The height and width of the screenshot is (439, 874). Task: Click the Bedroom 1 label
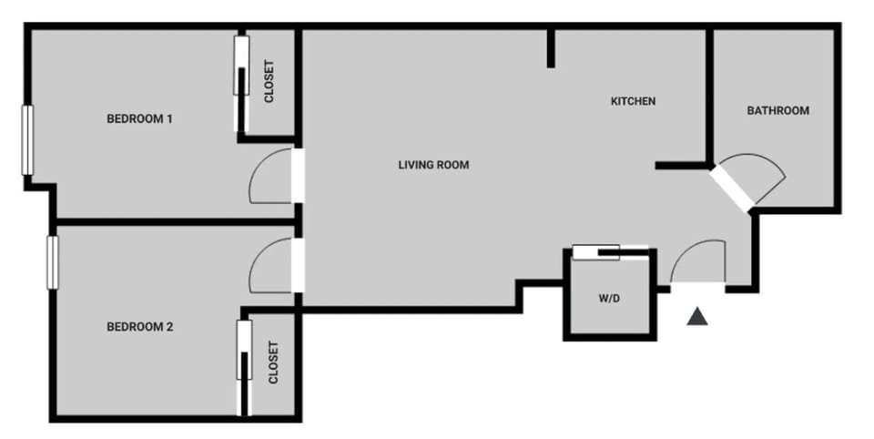click(139, 118)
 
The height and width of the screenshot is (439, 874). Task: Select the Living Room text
click(433, 165)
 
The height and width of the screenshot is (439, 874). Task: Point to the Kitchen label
click(633, 101)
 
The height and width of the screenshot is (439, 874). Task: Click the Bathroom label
click(777, 111)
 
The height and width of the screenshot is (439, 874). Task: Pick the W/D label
click(609, 298)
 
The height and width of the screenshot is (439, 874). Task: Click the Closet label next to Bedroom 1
click(269, 82)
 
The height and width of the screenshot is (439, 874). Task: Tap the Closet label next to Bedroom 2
click(273, 362)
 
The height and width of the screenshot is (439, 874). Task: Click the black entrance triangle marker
click(697, 316)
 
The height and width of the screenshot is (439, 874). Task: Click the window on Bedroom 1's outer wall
click(27, 139)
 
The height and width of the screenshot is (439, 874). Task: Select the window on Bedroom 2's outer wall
click(53, 262)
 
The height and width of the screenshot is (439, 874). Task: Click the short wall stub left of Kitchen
click(551, 47)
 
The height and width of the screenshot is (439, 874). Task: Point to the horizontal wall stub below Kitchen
click(681, 166)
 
